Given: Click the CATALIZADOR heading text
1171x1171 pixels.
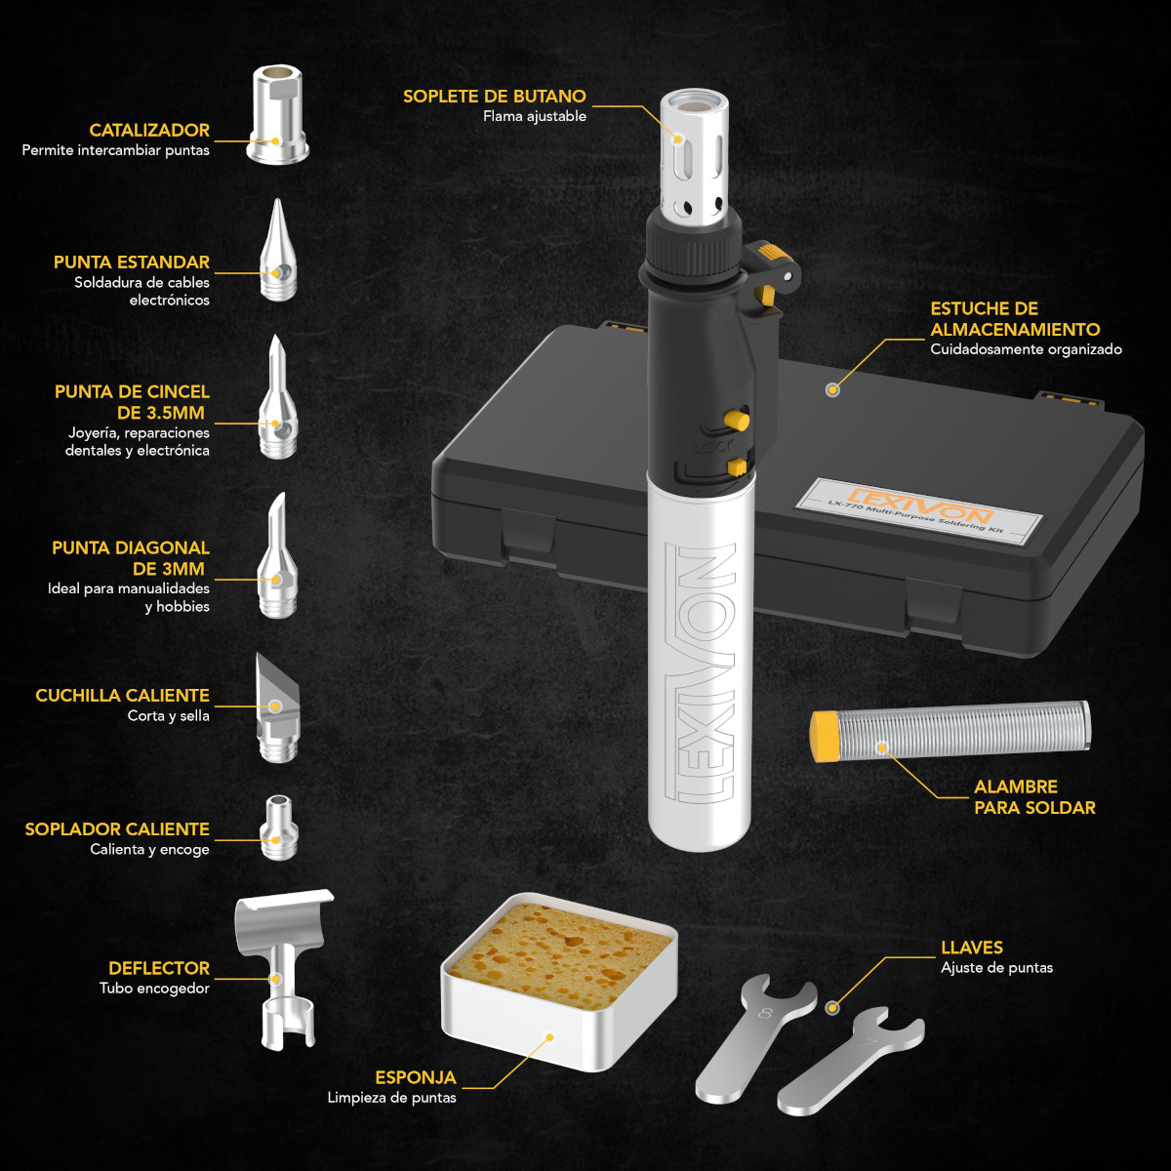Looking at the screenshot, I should coord(149,130).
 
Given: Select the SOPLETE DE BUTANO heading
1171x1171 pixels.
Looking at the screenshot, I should coord(494,96).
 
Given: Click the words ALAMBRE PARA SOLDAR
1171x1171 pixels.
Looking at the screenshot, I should coord(1034,797).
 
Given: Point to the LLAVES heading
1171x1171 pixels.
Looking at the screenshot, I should coord(972,948).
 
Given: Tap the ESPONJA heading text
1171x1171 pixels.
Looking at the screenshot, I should coord(416,1077).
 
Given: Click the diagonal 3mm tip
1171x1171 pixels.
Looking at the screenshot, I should coord(277,561).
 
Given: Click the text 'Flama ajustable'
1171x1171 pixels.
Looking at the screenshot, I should coord(535,116).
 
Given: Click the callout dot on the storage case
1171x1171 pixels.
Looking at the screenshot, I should coord(832,389).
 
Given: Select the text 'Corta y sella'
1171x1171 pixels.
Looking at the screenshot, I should coord(169,716).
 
